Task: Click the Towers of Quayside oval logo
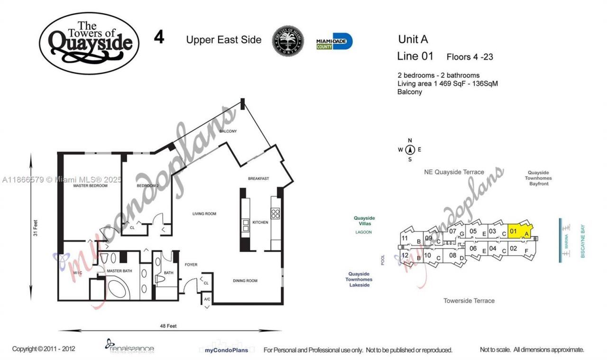[89, 44]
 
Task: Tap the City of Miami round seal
[288, 41]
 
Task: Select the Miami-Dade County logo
[334, 42]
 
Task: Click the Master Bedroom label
[90, 186]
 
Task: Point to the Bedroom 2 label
[147, 186]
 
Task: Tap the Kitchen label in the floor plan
[260, 222]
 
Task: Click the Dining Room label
[245, 281]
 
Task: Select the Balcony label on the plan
[228, 131]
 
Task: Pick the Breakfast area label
[258, 179]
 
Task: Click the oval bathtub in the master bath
[120, 287]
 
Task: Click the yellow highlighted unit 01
[519, 231]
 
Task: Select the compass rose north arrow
[410, 150]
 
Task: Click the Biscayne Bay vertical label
[583, 240]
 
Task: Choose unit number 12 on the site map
[405, 256]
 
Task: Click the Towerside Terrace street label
[469, 301]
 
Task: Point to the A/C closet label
[207, 300]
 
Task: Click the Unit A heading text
[413, 39]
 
